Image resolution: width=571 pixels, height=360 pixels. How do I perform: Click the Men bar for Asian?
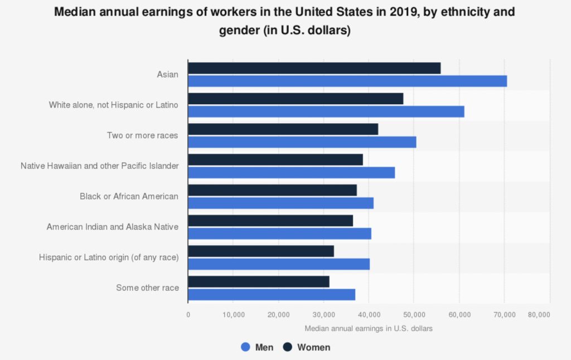347,81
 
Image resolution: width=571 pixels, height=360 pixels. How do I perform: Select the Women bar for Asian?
314,68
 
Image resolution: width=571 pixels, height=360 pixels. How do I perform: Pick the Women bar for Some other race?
258,282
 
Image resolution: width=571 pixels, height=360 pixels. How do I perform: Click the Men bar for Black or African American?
280,203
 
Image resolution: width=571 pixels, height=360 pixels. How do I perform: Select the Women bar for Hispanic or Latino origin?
260,251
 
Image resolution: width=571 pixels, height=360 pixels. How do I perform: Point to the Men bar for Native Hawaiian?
291,173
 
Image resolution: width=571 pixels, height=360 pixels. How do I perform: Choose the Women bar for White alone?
295,99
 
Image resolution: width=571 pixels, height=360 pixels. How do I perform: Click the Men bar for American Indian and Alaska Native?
279,234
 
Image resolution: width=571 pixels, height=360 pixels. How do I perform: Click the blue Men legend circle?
245,347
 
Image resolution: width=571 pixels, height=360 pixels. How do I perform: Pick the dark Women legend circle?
288,347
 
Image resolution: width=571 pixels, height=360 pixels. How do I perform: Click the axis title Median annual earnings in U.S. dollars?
369,328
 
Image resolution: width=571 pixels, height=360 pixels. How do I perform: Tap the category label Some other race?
147,288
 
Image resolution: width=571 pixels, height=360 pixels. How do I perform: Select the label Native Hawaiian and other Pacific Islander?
99,166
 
